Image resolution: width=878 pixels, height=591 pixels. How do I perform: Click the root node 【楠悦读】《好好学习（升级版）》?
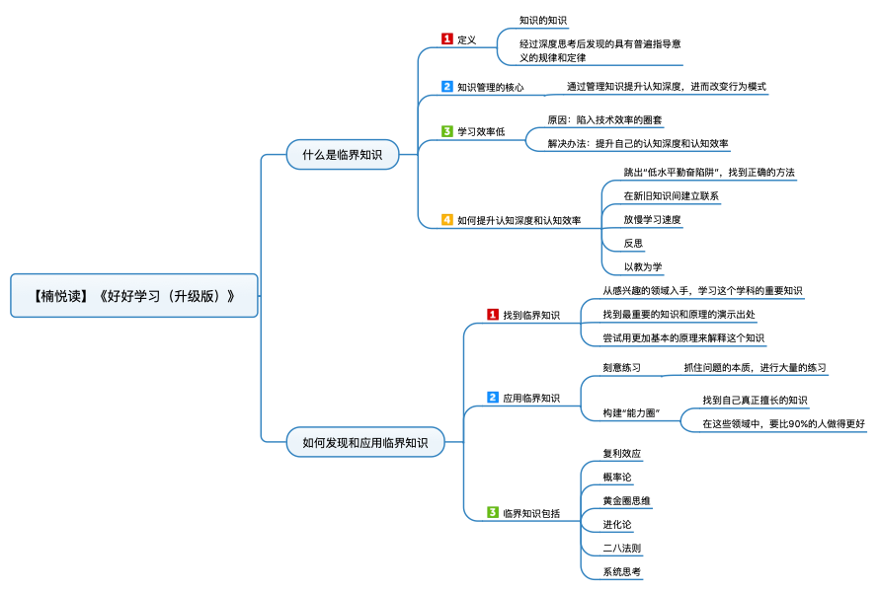point(134,296)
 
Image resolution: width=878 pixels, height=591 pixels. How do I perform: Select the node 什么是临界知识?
point(342,154)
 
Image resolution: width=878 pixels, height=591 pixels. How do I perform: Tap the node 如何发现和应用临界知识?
point(365,442)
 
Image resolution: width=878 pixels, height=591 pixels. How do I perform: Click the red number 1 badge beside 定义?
point(446,38)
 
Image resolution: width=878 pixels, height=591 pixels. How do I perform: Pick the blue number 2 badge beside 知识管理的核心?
point(446,86)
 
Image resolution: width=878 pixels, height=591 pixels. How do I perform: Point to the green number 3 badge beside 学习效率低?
point(446,131)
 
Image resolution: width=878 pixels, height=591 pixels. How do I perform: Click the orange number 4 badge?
point(446,219)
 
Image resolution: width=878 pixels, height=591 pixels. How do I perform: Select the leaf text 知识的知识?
point(542,20)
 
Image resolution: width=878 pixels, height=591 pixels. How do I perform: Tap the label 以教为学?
point(643,266)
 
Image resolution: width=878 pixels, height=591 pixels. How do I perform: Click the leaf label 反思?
point(633,244)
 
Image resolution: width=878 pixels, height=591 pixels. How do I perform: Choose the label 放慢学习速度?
point(653,219)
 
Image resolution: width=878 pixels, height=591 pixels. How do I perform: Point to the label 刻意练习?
point(621,367)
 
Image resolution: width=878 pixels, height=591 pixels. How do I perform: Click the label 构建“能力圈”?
point(632,412)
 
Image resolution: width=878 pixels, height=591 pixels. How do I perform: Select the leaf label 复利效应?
point(621,453)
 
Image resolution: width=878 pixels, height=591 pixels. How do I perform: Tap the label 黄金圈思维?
point(626,500)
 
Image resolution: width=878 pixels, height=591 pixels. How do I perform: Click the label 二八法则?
point(621,548)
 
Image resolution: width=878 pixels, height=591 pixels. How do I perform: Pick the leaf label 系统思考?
point(621,571)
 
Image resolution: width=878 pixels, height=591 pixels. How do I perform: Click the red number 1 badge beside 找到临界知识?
point(493,314)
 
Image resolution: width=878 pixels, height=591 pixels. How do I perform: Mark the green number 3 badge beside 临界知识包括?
point(493,512)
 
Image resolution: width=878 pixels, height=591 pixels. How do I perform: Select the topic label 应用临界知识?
point(531,398)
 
